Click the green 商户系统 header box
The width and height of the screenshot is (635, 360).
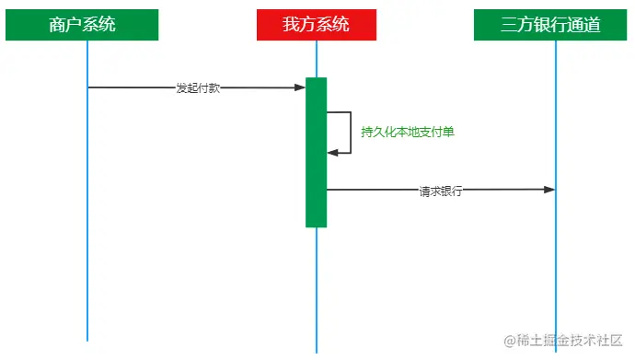pos(82,26)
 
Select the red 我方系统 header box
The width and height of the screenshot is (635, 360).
pos(316,26)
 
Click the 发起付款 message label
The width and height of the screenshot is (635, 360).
pos(198,88)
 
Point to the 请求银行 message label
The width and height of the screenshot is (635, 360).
pos(440,192)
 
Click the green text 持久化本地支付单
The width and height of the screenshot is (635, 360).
pos(408,133)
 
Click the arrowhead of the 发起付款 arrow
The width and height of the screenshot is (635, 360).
pos(300,87)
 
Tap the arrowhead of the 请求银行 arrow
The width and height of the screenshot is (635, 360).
pos(549,190)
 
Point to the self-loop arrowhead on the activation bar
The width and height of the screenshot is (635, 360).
pos(332,152)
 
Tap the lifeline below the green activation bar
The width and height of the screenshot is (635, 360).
pos(317,285)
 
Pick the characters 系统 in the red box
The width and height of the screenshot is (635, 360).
pos(332,26)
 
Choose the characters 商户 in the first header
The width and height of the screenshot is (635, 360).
pos(65,26)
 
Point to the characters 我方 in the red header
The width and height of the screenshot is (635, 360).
pos(299,26)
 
